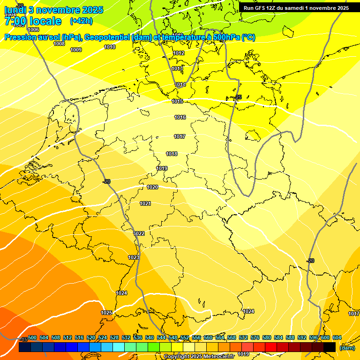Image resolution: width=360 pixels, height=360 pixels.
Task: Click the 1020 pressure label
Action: coord(152,187)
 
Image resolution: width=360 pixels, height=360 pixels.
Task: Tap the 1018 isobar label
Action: coord(172,154)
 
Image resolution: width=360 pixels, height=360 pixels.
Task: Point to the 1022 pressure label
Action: coord(139,233)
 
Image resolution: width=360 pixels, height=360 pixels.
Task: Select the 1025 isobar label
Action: coord(106,313)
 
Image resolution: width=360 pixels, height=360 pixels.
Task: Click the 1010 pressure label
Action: coord(110,47)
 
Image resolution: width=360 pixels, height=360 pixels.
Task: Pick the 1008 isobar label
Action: coord(59,44)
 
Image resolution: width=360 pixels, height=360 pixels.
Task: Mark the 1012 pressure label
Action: coord(179,53)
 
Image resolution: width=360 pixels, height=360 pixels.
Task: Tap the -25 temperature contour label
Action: coord(238,97)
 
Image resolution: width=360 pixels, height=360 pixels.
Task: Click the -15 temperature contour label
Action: coord(23,339)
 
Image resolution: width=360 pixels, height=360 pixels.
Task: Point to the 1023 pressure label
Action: coord(134,257)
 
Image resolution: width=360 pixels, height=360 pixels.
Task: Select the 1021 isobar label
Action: coord(145,203)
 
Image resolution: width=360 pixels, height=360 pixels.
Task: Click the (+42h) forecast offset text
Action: coord(81,21)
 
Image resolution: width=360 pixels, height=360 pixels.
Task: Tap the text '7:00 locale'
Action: coord(33,21)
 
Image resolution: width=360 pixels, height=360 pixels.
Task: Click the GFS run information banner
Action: coord(296,8)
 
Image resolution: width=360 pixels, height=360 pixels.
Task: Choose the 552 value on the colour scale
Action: coord(185,337)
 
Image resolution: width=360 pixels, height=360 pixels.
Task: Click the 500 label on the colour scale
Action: coord(32,337)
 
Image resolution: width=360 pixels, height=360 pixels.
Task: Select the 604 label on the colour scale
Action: coord(337,337)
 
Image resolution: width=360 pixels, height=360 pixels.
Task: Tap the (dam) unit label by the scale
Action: coord(347,348)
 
